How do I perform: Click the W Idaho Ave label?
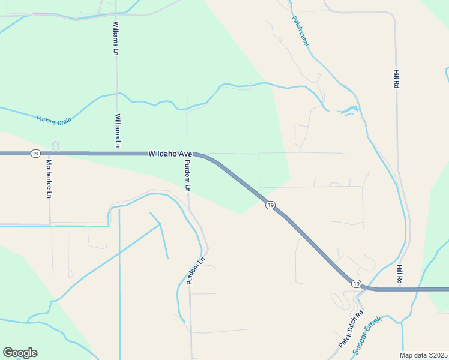point(170,154)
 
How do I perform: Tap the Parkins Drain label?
point(54,119)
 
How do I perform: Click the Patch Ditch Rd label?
point(351,329)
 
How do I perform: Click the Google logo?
point(20,353)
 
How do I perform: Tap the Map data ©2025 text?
point(423,355)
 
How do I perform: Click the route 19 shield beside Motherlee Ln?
point(35,154)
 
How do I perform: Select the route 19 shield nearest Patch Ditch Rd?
point(357,283)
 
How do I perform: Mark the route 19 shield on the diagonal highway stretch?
point(271,205)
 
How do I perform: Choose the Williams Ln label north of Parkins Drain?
point(115,38)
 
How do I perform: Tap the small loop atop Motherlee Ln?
point(55,146)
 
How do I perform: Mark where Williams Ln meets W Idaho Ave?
point(117,153)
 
